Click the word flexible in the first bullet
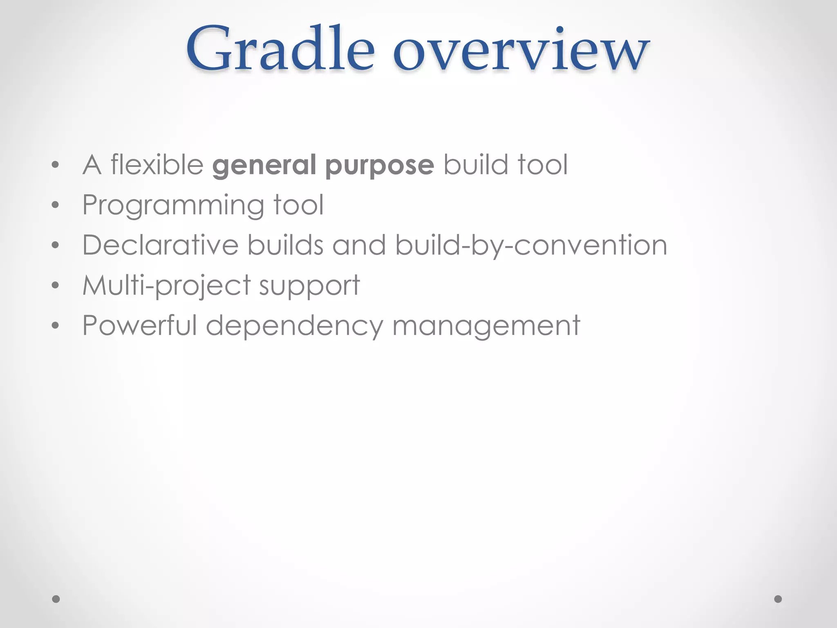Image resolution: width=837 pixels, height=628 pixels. point(157,164)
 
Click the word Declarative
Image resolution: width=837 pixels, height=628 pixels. point(160,245)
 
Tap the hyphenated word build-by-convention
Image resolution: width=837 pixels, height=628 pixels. point(531,246)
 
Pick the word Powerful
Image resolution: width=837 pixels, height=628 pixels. point(140,325)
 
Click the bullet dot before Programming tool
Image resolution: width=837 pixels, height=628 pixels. point(56,205)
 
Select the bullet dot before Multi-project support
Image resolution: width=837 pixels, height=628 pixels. point(56,285)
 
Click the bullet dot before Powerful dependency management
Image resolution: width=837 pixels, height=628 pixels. point(56,325)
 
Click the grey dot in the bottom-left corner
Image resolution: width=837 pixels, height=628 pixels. point(56,599)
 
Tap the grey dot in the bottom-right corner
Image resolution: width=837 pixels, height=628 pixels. point(778,599)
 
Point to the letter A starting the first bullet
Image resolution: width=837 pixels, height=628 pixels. point(92,165)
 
